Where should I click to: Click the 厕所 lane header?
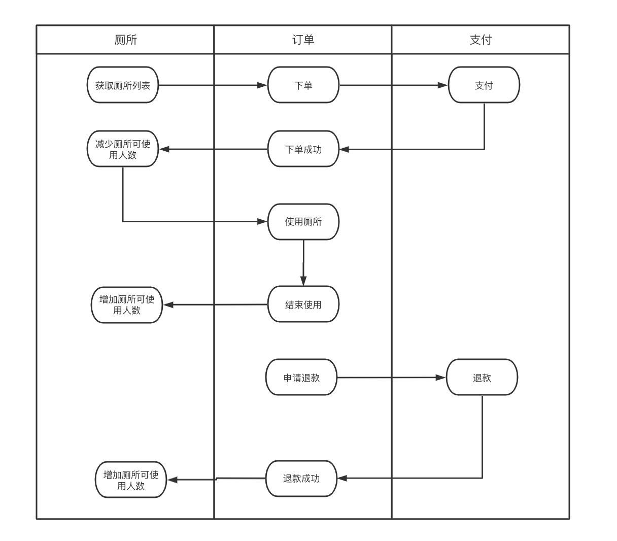[x=125, y=40]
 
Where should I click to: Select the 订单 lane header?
[x=303, y=40]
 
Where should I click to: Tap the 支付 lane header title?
[x=481, y=40]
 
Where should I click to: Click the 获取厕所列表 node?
[x=123, y=85]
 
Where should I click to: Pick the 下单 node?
[x=303, y=85]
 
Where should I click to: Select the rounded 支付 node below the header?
[x=484, y=85]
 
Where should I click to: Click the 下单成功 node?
[x=303, y=149]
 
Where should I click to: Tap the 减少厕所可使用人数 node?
[x=123, y=149]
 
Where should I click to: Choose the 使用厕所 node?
[x=303, y=222]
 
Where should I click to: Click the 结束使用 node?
[x=303, y=305]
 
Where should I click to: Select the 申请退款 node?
[x=301, y=378]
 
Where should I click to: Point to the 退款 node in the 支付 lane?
[x=482, y=378]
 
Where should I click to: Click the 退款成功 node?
[x=301, y=478]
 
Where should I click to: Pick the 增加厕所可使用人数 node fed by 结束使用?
[x=127, y=305]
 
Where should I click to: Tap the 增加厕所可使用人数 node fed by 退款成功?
[x=131, y=480]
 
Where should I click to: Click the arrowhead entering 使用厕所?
[x=263, y=222]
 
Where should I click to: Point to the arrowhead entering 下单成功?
[x=344, y=149]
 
